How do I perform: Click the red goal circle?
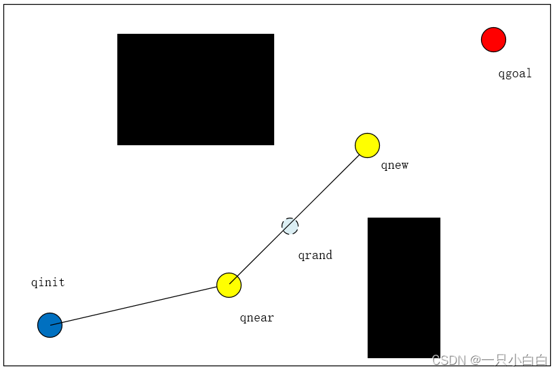point(493,39)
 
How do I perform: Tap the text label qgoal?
point(515,73)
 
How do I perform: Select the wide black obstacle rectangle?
point(195,89)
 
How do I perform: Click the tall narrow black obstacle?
point(404,287)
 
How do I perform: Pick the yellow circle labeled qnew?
point(367,145)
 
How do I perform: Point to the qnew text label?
point(394,165)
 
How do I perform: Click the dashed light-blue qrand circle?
point(290,226)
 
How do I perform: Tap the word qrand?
point(315,255)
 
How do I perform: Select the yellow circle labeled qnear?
point(229,285)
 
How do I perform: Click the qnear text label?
point(256,317)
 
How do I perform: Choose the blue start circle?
point(50,326)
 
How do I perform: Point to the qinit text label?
point(47,282)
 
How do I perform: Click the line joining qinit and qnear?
point(136,305)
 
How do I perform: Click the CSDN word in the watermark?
point(448,360)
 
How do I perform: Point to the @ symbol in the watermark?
point(474,360)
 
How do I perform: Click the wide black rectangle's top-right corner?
point(273,35)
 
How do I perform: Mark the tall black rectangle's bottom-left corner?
point(368,357)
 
